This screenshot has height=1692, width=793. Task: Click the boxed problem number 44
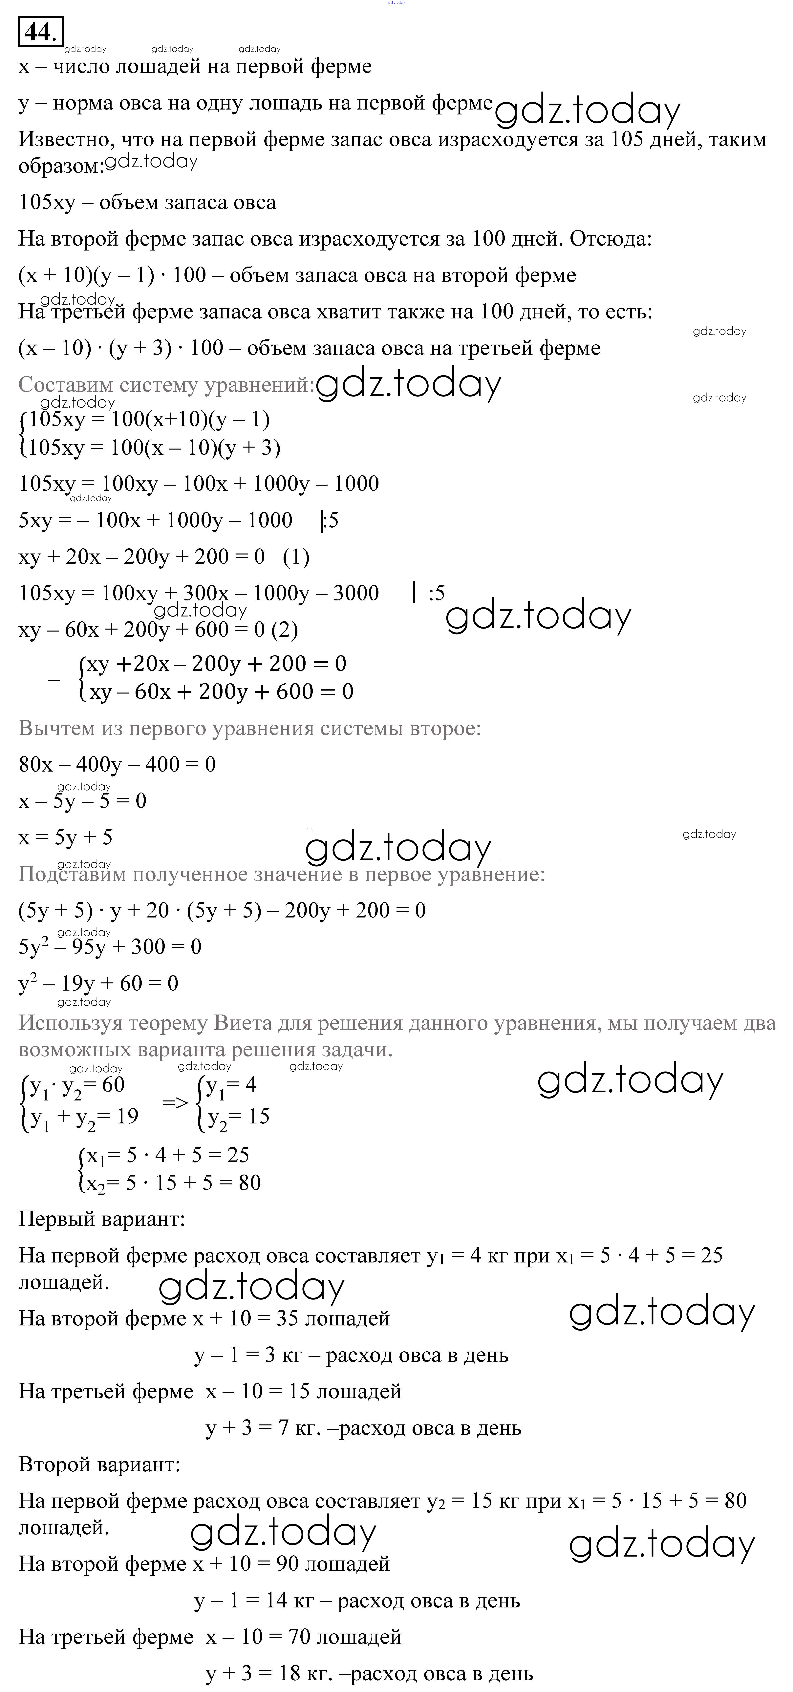tap(41, 31)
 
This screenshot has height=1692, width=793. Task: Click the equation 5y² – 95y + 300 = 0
tap(110, 946)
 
